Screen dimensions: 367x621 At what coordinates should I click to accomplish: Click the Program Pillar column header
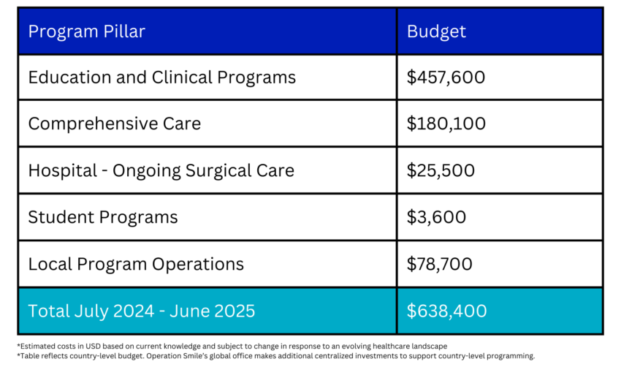click(86, 31)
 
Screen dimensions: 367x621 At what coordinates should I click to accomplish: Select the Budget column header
click(436, 31)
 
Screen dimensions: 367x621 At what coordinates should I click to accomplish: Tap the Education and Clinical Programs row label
click(161, 77)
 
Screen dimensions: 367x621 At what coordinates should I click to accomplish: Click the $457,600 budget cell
click(446, 77)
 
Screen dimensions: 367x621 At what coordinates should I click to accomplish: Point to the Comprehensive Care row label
click(114, 124)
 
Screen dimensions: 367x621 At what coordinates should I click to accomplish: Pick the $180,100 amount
click(446, 124)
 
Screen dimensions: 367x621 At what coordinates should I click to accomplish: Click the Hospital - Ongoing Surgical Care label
click(161, 170)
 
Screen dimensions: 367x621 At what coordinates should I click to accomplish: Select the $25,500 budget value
click(441, 170)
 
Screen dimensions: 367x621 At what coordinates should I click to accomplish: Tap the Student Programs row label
click(102, 217)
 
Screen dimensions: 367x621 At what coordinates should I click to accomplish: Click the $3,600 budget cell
click(436, 217)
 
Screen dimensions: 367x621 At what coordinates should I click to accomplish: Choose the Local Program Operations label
click(136, 264)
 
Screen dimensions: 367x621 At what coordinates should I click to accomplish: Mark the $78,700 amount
click(440, 264)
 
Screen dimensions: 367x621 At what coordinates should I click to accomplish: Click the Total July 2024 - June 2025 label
click(142, 311)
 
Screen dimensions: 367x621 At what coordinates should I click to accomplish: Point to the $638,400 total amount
click(446, 311)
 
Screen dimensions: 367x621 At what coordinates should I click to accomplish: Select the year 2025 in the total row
click(235, 311)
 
